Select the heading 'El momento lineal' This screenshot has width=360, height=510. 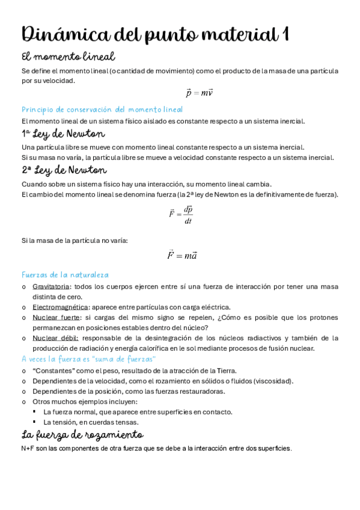68,57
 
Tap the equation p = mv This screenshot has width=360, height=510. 200,93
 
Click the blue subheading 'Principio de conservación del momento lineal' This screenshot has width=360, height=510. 102,109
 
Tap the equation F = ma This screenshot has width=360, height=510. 182,256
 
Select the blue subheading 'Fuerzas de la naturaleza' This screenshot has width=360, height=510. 65,274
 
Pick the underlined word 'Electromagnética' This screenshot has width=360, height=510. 59,307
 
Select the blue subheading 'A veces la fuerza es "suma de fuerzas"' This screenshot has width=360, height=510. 88,359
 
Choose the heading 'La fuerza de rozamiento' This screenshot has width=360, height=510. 82,435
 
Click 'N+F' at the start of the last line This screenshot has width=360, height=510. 28,449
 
